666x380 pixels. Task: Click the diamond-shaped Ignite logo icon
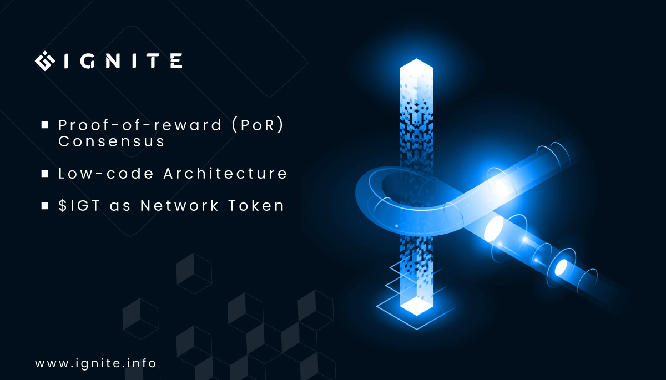pos(46,61)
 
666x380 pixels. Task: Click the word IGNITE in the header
pos(123,61)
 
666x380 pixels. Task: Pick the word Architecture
pos(225,173)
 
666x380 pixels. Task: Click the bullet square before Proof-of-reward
pos(44,125)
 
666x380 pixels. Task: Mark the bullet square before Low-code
pos(44,174)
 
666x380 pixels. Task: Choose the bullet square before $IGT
pos(44,206)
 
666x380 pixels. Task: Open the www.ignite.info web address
pos(95,364)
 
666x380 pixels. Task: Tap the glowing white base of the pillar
pos(416,305)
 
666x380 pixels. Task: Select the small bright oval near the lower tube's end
pos(562,267)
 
